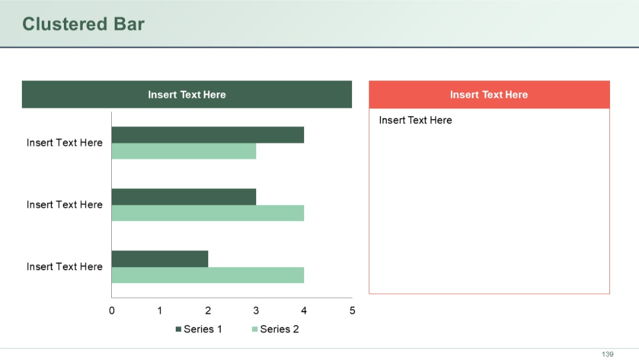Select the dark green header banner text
[x=186, y=95]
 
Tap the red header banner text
[x=489, y=95]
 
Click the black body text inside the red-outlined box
[x=415, y=120]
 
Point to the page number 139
[x=608, y=354]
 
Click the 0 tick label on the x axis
[x=112, y=310]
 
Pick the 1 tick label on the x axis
[x=160, y=310]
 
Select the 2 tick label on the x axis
[x=208, y=310]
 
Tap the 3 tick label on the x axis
[x=256, y=310]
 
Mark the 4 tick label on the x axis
[x=304, y=310]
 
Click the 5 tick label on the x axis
[x=352, y=310]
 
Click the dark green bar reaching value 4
[x=207, y=135]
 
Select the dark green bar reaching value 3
[x=183, y=197]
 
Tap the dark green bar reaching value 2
[x=160, y=259]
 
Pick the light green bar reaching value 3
[x=183, y=151]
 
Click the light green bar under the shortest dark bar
[x=207, y=275]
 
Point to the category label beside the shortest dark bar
[x=64, y=266]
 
